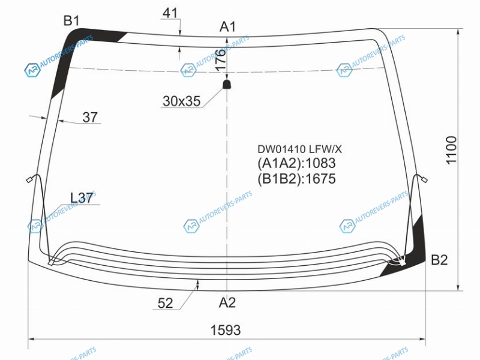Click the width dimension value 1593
click(226, 330)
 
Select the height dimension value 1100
click(451, 151)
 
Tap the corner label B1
click(71, 20)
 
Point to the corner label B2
click(439, 260)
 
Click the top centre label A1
click(228, 26)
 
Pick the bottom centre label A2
click(227, 302)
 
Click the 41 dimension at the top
click(170, 13)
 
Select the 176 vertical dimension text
click(220, 60)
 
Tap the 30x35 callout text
click(182, 101)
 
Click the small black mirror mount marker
click(227, 84)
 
